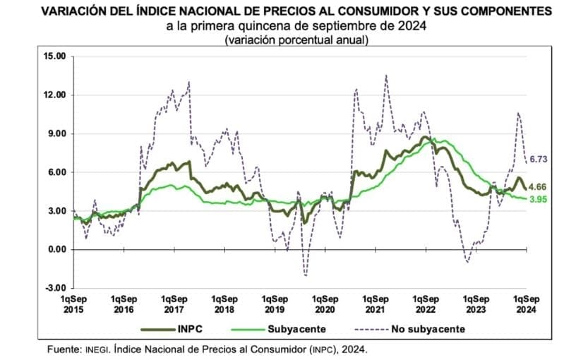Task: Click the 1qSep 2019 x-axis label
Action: tap(275, 304)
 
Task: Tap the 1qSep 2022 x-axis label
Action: tap(426, 304)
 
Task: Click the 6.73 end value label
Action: tap(539, 160)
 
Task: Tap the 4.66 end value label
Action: tap(539, 187)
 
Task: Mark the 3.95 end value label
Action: tap(539, 199)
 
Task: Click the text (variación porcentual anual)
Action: tap(294, 40)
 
